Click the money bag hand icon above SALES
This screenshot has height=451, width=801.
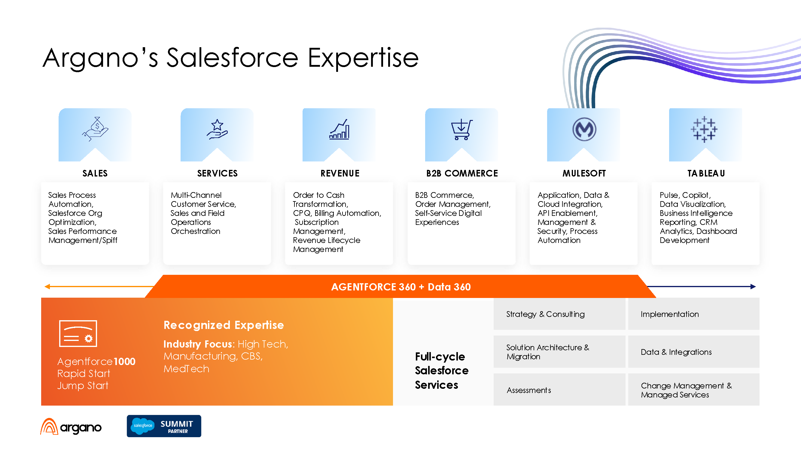pos(95,129)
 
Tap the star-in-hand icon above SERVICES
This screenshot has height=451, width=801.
pos(217,129)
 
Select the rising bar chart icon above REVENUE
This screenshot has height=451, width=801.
pos(339,129)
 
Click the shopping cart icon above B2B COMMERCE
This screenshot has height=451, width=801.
pos(462,130)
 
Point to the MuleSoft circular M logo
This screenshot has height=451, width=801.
pos(584,129)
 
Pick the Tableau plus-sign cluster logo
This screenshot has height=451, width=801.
pos(704,130)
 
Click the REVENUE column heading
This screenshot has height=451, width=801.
pos(340,173)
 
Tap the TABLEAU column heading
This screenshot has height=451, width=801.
pos(706,173)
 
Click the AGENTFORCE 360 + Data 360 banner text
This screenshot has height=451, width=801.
pos(401,287)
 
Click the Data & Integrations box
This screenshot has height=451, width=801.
pos(694,352)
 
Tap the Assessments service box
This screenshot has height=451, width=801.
pos(559,390)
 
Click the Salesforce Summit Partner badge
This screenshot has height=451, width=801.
pos(164,426)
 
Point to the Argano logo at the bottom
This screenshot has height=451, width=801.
pos(71,427)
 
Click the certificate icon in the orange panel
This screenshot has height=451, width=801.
pos(78,333)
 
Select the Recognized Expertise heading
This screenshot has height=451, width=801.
pos(224,325)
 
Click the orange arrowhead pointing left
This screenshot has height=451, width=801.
pos(47,286)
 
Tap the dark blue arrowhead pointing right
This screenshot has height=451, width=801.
pos(753,286)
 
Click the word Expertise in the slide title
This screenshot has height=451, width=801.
pos(363,58)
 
